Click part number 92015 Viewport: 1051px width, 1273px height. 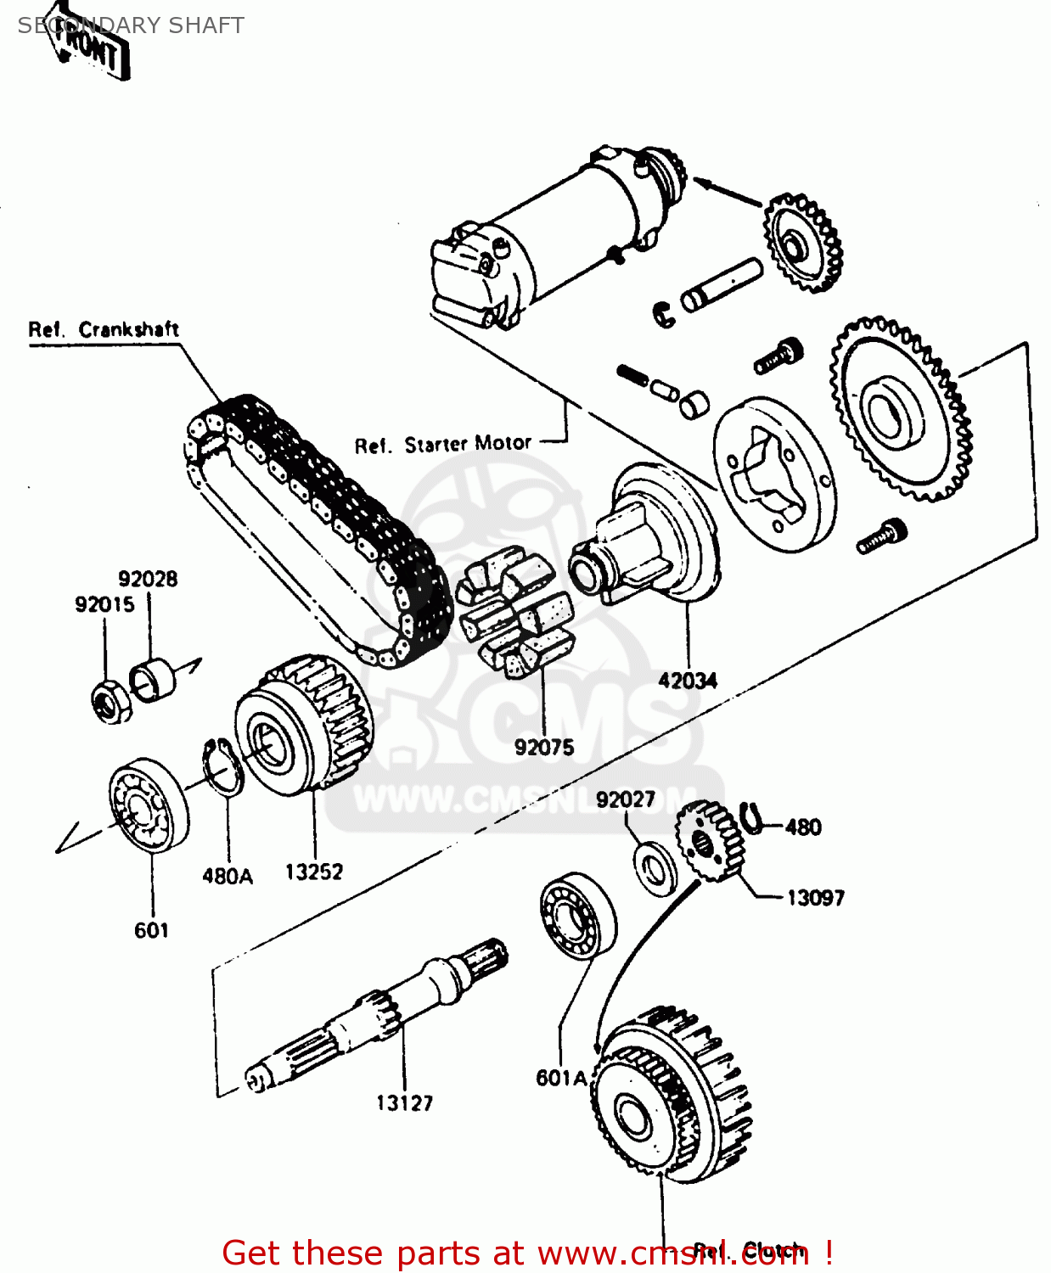(x=104, y=604)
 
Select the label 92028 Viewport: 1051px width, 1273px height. (x=148, y=579)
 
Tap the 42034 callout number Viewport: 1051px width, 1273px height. (x=688, y=680)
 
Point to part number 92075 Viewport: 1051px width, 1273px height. (x=544, y=747)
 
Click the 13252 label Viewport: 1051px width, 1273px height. (x=313, y=872)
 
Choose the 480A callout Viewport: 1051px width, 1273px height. (x=228, y=876)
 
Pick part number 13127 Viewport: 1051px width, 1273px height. (x=404, y=1102)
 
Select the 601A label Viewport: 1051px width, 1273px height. (x=561, y=1078)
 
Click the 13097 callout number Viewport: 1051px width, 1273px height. (x=815, y=897)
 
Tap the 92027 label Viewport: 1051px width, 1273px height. (x=626, y=799)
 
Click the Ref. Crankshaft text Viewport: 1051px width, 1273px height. (x=104, y=329)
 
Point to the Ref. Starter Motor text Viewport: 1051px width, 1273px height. (x=442, y=445)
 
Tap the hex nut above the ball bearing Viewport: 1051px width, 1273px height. (x=111, y=701)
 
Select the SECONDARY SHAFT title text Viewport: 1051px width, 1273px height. (x=131, y=25)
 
